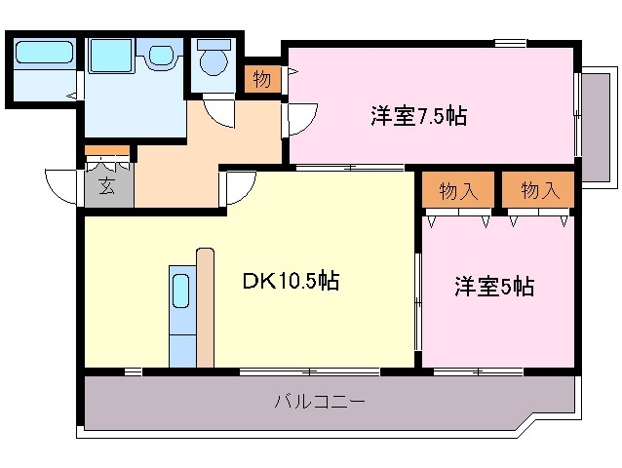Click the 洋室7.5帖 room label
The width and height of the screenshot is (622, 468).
pyautogui.click(x=417, y=116)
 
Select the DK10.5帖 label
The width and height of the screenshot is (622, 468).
pyautogui.click(x=291, y=282)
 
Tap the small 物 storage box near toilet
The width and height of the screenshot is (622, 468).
pyautogui.click(x=261, y=79)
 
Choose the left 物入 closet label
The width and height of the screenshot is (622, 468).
pyautogui.click(x=458, y=191)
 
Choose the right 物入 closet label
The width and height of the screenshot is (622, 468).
pyautogui.click(x=539, y=191)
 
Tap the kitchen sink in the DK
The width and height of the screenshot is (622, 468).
pyautogui.click(x=181, y=290)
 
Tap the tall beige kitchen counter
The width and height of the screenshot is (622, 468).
pyautogui.click(x=205, y=307)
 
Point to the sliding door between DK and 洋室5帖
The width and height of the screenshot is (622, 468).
pyautogui.click(x=418, y=292)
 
